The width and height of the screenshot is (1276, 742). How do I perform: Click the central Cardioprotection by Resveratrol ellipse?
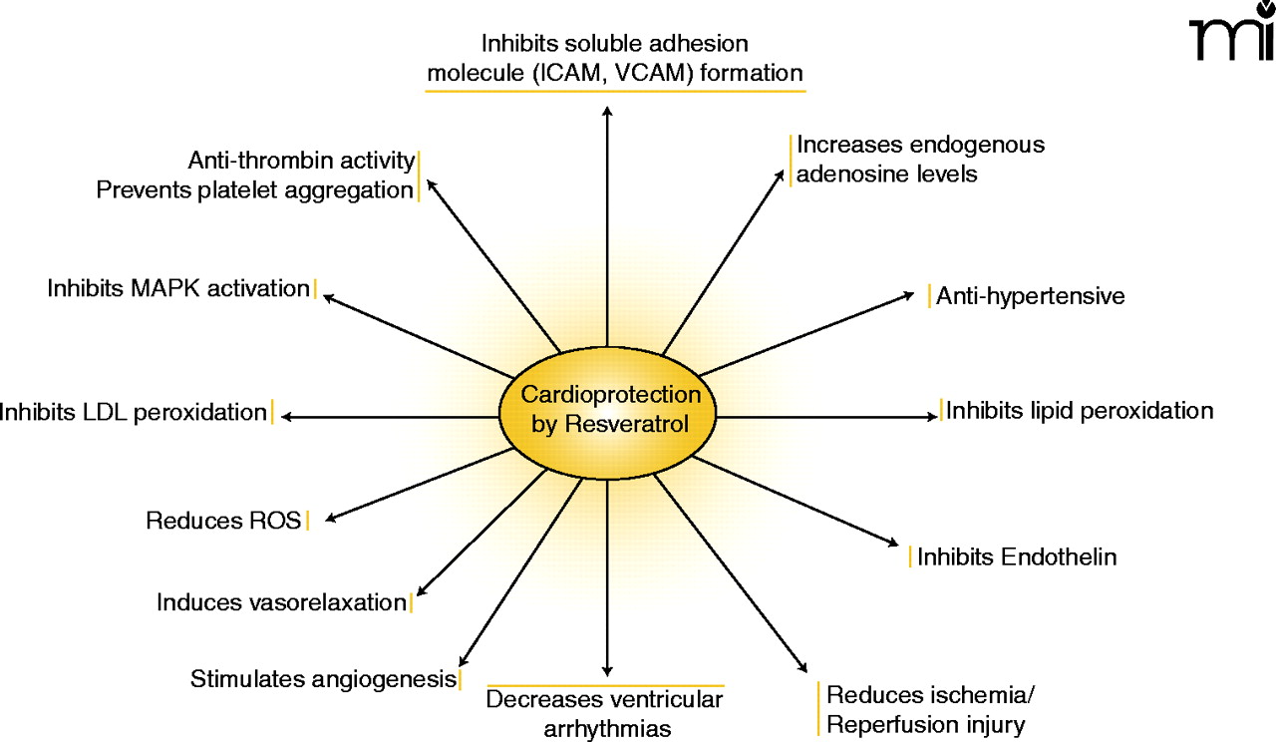pos(607,410)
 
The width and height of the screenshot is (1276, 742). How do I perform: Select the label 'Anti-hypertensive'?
pos(1030,296)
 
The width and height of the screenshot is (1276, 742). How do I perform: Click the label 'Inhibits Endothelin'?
pos(1017,556)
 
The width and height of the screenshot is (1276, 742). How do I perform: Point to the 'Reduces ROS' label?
pos(223,520)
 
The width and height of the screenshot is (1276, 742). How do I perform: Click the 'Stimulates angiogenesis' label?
pos(323,679)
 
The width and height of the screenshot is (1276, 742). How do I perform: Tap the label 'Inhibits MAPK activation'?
pos(178,288)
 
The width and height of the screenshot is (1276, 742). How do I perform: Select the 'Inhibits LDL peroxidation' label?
pos(134,411)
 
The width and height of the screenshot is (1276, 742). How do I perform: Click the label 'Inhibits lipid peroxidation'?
pos(1080,410)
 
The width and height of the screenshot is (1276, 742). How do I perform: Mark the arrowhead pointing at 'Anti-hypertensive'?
pos(909,294)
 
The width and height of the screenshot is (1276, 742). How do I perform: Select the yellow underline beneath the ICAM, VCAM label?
pos(615,92)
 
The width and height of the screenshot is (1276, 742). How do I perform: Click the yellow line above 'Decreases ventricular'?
pos(605,686)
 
